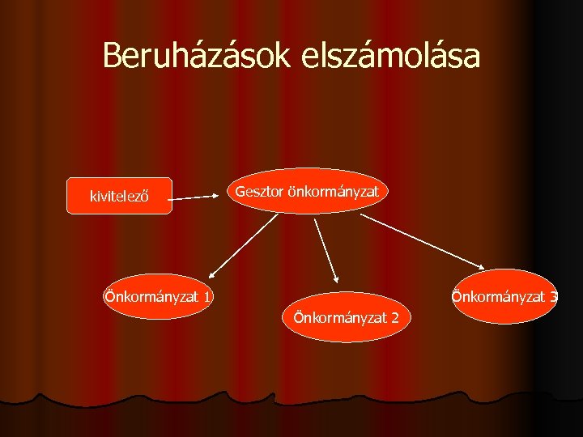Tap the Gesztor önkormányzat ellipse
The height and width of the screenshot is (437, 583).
[307, 191]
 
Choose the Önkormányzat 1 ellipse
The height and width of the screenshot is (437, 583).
[157, 297]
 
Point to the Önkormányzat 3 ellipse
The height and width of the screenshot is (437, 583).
[504, 296]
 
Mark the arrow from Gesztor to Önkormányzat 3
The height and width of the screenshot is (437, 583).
[421, 240]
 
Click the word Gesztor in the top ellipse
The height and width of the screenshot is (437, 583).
[259, 191]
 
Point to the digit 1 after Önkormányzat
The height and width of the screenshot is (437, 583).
[208, 298]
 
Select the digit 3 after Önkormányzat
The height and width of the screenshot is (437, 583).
[553, 297]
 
